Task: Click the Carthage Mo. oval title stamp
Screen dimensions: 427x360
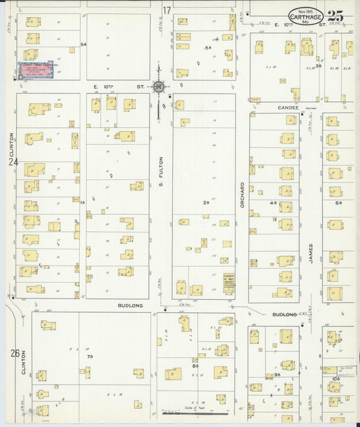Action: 305,16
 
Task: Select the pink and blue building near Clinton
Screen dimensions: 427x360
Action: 35,69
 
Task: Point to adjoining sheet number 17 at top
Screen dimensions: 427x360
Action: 166,10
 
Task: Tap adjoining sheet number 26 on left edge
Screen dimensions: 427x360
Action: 14,353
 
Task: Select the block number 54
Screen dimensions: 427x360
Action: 84,44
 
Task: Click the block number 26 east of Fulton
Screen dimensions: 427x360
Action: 207,202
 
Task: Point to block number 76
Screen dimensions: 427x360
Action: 88,356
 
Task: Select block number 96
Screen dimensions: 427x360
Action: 277,374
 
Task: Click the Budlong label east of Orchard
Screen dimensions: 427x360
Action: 284,314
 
